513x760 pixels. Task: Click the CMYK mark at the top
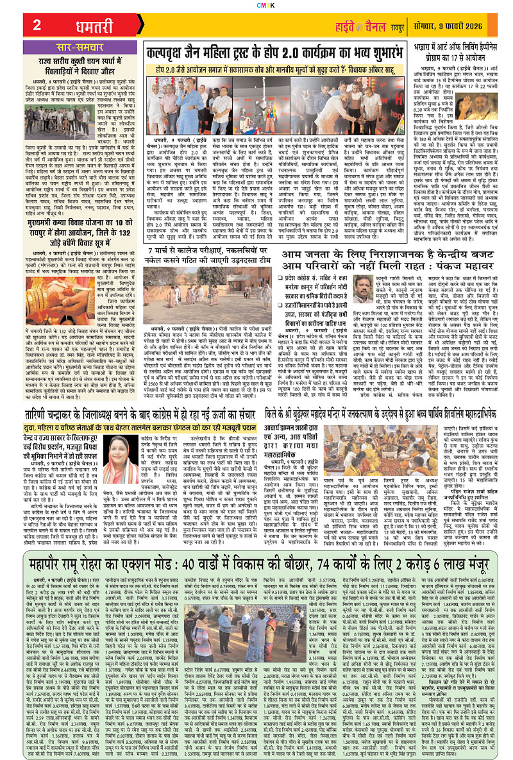[256, 4]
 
